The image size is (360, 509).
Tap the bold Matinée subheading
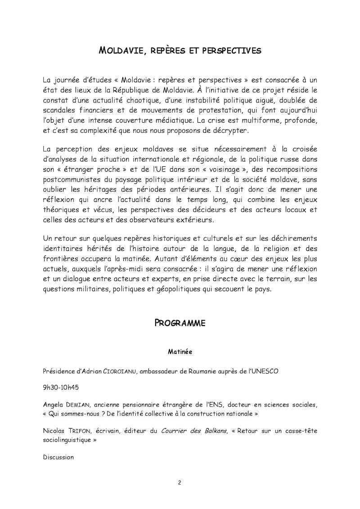click(180, 352)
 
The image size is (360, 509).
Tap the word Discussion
click(58, 457)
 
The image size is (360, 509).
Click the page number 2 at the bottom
click(180, 483)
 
